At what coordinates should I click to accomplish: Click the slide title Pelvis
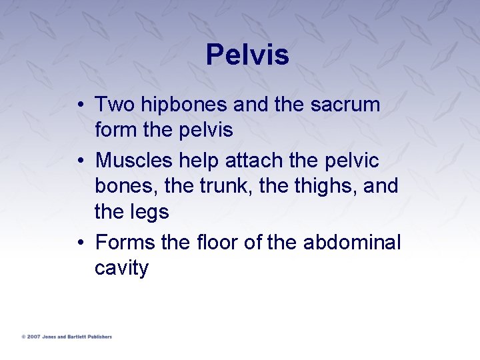point(247,55)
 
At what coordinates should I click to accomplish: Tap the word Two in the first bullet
point(113,105)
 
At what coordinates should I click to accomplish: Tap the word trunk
point(225,185)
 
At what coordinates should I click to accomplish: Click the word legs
point(150,212)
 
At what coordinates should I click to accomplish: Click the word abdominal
point(352,242)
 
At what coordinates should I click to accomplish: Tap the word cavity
point(121,268)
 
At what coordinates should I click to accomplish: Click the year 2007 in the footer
point(33,337)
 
